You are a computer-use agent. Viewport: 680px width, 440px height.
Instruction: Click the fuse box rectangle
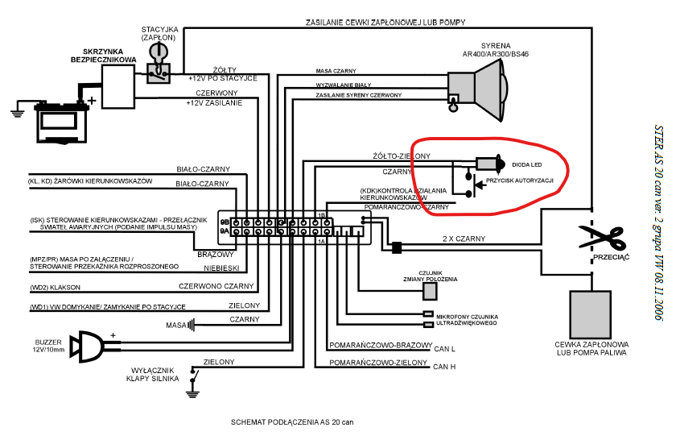(x=118, y=86)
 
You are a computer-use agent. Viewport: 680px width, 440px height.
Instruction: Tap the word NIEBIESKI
(x=219, y=269)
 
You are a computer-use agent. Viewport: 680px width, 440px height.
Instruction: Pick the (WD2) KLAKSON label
(x=57, y=287)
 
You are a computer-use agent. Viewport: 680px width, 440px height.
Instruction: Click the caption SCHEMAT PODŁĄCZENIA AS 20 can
(x=291, y=421)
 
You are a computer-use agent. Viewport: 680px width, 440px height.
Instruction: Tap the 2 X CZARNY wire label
(x=464, y=239)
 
